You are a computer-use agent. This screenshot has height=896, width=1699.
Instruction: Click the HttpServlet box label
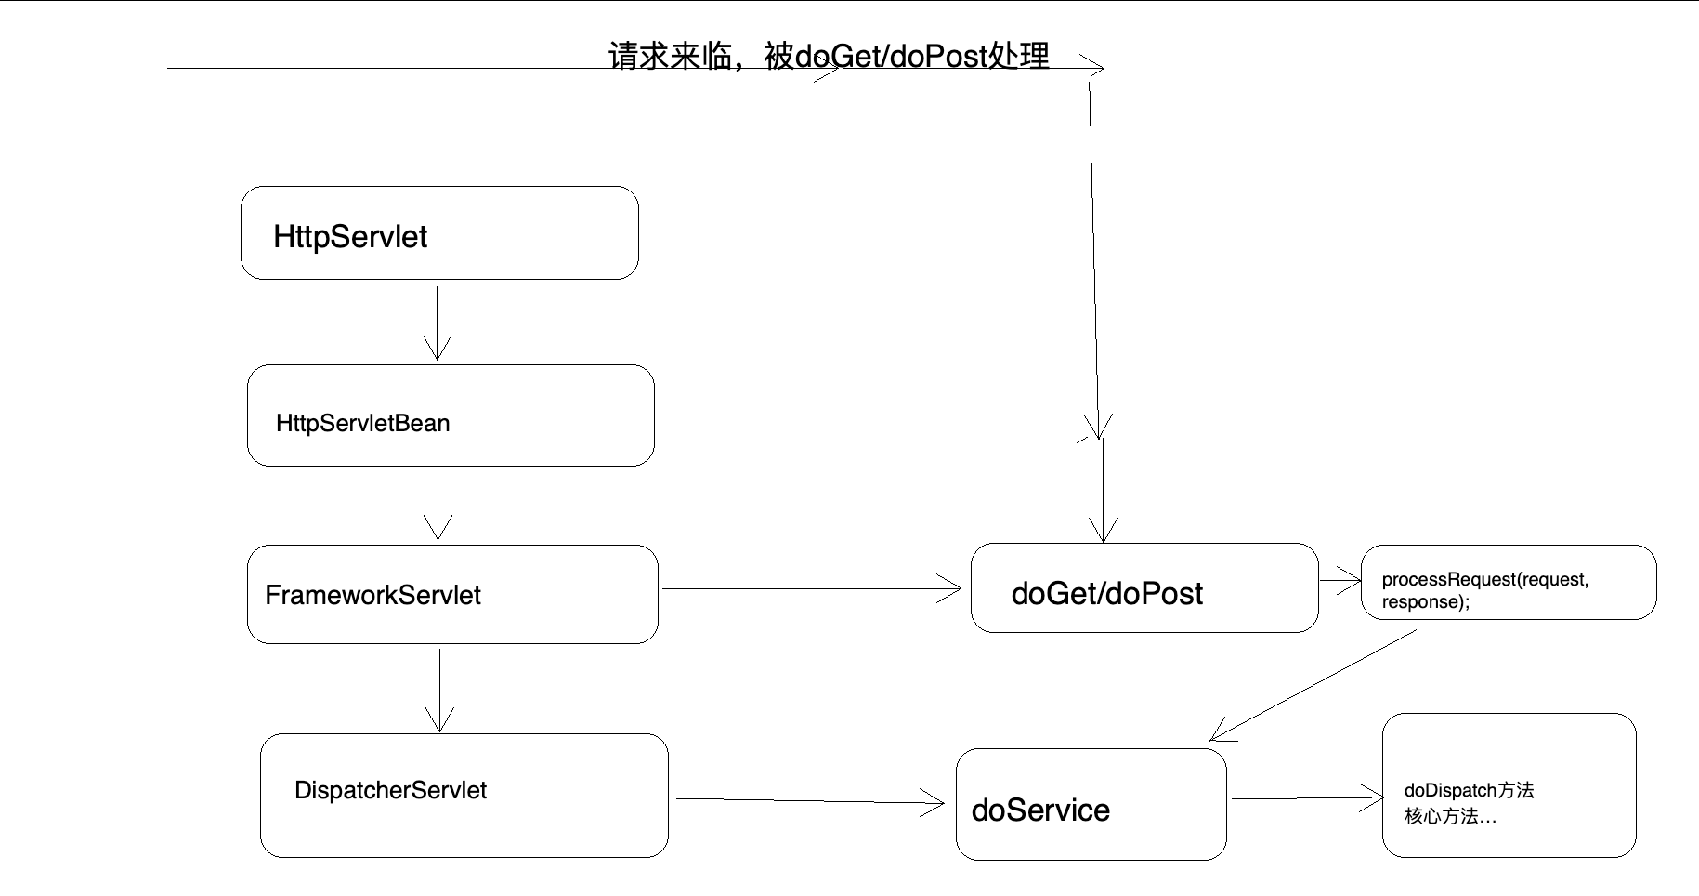350,237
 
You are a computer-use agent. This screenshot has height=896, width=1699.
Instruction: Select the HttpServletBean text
362,424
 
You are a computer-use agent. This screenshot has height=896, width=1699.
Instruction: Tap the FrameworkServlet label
372,595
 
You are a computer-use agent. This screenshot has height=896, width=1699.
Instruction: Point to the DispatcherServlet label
390,790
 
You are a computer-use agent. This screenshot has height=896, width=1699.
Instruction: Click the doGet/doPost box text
1106,593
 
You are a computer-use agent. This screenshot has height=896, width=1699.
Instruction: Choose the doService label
1040,810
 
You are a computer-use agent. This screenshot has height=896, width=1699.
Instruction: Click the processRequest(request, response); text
1484,590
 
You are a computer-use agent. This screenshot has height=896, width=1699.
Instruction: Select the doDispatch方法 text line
1469,790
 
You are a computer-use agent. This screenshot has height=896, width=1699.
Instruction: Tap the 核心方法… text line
1450,816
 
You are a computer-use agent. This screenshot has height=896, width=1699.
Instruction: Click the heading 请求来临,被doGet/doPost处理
829,56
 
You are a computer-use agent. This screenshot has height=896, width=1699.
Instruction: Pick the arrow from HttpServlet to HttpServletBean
437,321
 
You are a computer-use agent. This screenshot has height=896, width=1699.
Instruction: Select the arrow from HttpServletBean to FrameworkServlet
438,504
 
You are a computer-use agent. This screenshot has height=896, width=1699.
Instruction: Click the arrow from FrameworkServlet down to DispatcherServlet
439,690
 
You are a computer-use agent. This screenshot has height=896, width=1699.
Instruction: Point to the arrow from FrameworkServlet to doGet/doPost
808,588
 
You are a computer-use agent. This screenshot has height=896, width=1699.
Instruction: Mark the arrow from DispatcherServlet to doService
808,800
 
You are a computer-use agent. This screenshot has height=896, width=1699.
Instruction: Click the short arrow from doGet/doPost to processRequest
1340,581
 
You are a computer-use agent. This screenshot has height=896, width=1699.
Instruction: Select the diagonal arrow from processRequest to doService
1314,686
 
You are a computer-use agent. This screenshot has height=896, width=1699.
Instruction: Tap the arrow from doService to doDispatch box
1305,797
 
